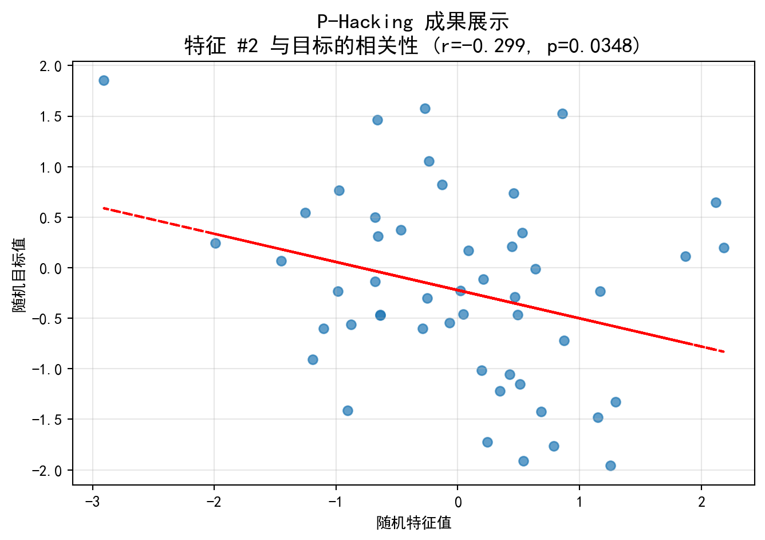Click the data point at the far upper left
[x=104, y=80]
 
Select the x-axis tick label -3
[x=92, y=503]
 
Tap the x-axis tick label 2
[x=701, y=503]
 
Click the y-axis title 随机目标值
[x=19, y=275]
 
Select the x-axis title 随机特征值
[x=413, y=523]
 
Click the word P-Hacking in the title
[x=365, y=22]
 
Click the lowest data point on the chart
[x=610, y=465]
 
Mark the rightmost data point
[x=724, y=248]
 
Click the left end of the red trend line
[x=104, y=208]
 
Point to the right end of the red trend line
[x=724, y=351]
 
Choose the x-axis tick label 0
[x=458, y=503]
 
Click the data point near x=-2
[x=215, y=243]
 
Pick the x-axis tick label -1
[x=335, y=503]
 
